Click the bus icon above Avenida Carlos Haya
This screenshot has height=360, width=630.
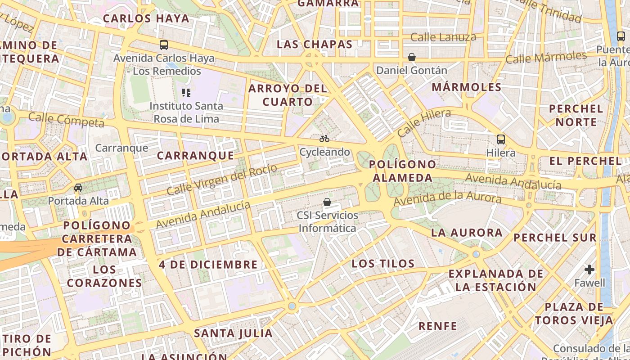coord(164,45)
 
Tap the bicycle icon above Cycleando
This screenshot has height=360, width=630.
coord(324,139)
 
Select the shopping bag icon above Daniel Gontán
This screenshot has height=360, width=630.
coord(412,57)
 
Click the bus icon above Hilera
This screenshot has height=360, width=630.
coord(501,139)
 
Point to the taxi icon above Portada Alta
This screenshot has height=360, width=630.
coord(78,187)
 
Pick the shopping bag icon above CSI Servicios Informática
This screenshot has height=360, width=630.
coord(327,202)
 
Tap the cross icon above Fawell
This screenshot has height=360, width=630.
coord(589,270)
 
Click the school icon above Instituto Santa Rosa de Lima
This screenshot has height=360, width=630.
coord(186,93)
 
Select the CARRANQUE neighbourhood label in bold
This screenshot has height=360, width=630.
coord(195,156)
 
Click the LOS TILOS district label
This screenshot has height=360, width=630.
coord(383,264)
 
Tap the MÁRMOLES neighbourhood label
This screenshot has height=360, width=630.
coord(467,87)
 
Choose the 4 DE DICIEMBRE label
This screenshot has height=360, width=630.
coord(208,265)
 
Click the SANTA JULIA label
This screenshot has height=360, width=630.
coord(233,333)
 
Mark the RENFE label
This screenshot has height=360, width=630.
coord(437,326)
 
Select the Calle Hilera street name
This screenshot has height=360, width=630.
coord(424,122)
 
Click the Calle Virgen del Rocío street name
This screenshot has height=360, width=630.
coord(221,180)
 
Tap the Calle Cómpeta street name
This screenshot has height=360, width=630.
coord(66,120)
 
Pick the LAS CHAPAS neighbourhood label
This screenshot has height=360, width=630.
coord(314,44)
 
